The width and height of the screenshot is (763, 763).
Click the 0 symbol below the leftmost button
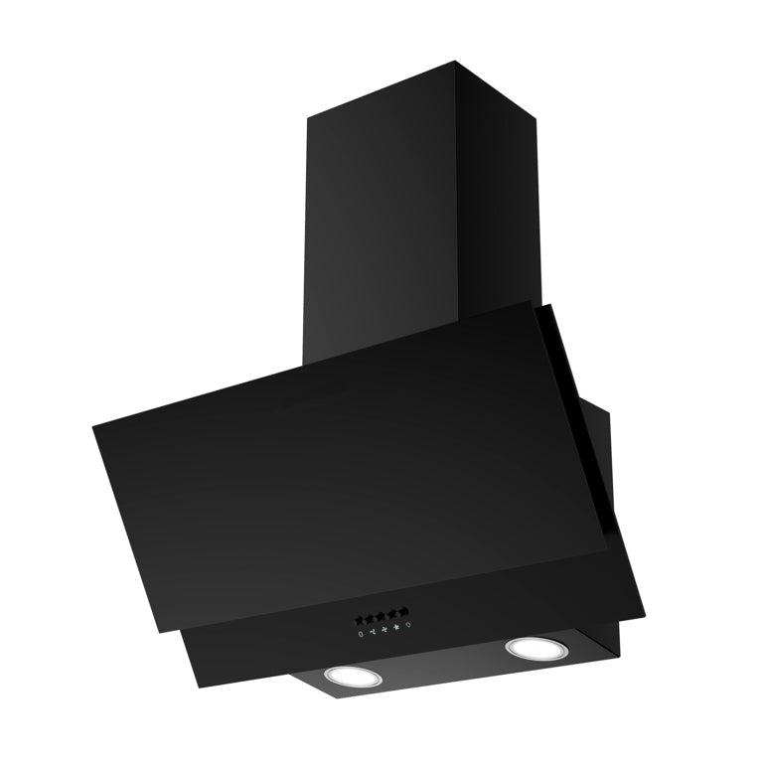(x=361, y=633)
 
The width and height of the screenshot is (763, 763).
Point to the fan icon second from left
(x=373, y=631)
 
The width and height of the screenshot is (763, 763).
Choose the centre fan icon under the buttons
(x=384, y=629)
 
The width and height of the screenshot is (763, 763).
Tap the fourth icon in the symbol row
(x=396, y=627)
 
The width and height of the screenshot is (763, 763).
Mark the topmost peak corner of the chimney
(x=456, y=62)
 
